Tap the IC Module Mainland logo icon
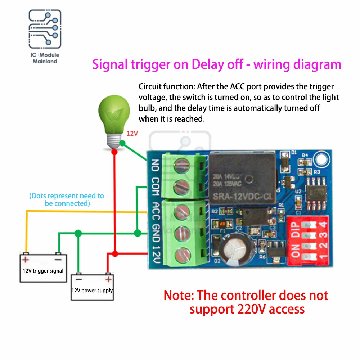[45, 31]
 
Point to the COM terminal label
[155, 186]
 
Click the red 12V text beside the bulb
[132, 133]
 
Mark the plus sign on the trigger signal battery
[25, 259]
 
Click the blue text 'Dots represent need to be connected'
[67, 199]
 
